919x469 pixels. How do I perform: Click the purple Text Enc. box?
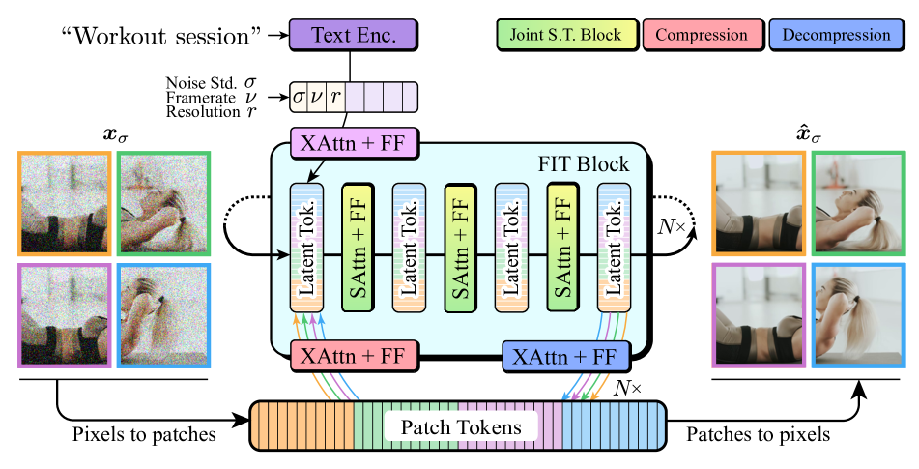[x=353, y=35]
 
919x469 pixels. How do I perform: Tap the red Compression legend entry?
[x=702, y=35]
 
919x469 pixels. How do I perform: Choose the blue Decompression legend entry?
[x=836, y=35]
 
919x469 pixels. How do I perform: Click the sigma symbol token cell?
[x=299, y=97]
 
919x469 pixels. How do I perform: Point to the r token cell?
[x=334, y=97]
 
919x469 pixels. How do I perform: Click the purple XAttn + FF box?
[x=353, y=143]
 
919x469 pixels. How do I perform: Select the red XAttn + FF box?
[x=353, y=356]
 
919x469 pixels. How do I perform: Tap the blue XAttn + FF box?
[x=565, y=356]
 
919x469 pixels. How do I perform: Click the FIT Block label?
[x=583, y=163]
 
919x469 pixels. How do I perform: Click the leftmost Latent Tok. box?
[x=307, y=248]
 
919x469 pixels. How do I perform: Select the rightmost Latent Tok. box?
[x=615, y=248]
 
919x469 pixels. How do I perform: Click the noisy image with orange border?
[x=64, y=203]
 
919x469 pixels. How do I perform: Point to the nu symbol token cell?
[x=316, y=97]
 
